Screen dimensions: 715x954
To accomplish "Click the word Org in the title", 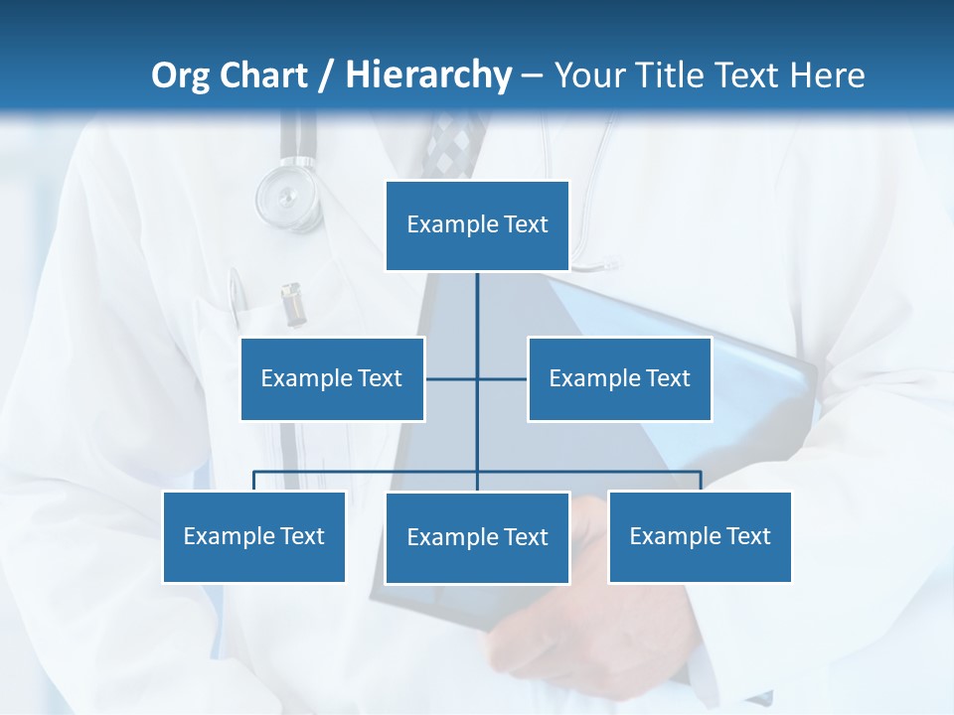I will pyautogui.click(x=181, y=75).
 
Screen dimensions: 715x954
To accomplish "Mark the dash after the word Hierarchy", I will pyautogui.click(x=532, y=75).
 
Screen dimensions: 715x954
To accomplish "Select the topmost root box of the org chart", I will pyautogui.click(x=477, y=225).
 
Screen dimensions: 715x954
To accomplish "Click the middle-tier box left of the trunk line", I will pyautogui.click(x=332, y=378).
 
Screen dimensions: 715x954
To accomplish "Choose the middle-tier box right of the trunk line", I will pyautogui.click(x=619, y=378).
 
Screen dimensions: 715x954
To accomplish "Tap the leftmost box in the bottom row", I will pyautogui.click(x=253, y=536).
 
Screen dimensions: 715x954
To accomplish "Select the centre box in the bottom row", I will pyautogui.click(x=477, y=537).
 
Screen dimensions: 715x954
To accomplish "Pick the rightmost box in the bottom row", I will pyautogui.click(x=700, y=536).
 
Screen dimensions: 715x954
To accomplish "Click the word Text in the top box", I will pyautogui.click(x=526, y=224).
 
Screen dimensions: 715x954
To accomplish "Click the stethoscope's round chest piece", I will pyautogui.click(x=285, y=195).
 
